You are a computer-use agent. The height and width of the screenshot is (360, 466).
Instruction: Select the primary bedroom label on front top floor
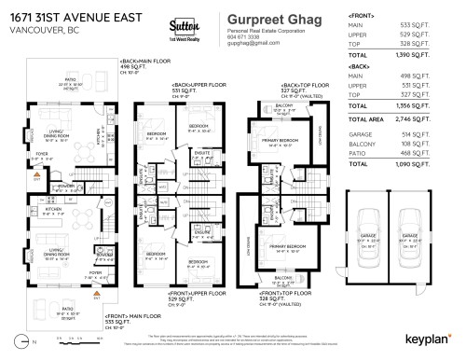pyautogui.click(x=282, y=247)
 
